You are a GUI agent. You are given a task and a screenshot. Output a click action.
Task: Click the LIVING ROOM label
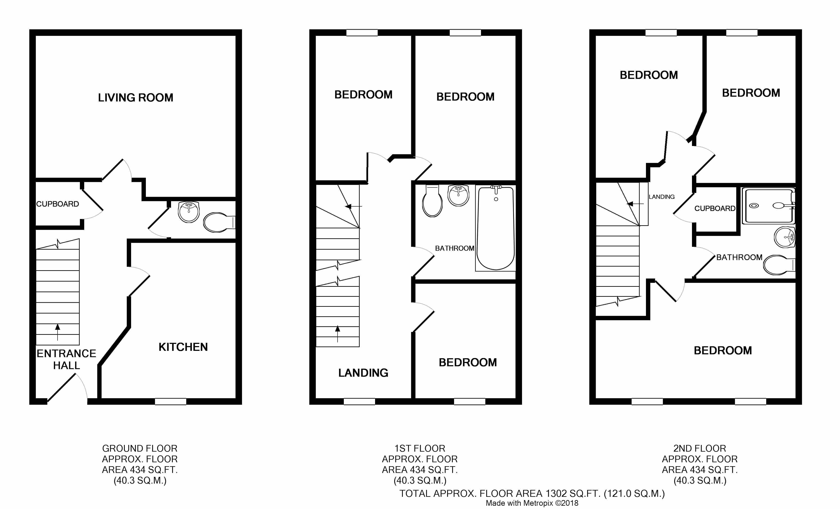pos(136,98)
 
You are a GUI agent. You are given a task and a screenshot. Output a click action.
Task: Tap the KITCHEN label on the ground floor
pos(183,347)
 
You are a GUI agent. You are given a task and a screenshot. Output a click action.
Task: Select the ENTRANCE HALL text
pos(66,359)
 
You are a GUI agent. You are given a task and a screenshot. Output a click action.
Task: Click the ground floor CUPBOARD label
pos(58,204)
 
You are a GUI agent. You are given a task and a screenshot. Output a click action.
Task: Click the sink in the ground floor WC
pos(189,212)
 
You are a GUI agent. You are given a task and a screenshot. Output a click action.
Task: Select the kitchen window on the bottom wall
pos(170,401)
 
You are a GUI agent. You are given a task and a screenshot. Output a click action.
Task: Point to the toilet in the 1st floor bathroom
pos(432,201)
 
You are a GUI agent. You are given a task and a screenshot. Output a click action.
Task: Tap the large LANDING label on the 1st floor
pos(363,373)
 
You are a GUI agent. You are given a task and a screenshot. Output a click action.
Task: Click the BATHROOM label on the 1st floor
pos(455,248)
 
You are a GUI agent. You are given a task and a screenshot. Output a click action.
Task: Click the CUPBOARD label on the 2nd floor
pos(715,208)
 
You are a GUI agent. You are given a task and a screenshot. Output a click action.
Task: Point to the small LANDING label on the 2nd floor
pos(662,197)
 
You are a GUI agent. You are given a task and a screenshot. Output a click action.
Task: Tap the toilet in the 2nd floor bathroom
pos(779,265)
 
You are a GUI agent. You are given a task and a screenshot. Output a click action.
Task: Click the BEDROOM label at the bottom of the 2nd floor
pos(723,350)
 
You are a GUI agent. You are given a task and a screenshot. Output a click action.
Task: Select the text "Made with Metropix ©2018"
pos(532,503)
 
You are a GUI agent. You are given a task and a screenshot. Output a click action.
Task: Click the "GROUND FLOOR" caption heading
pos(140,448)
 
